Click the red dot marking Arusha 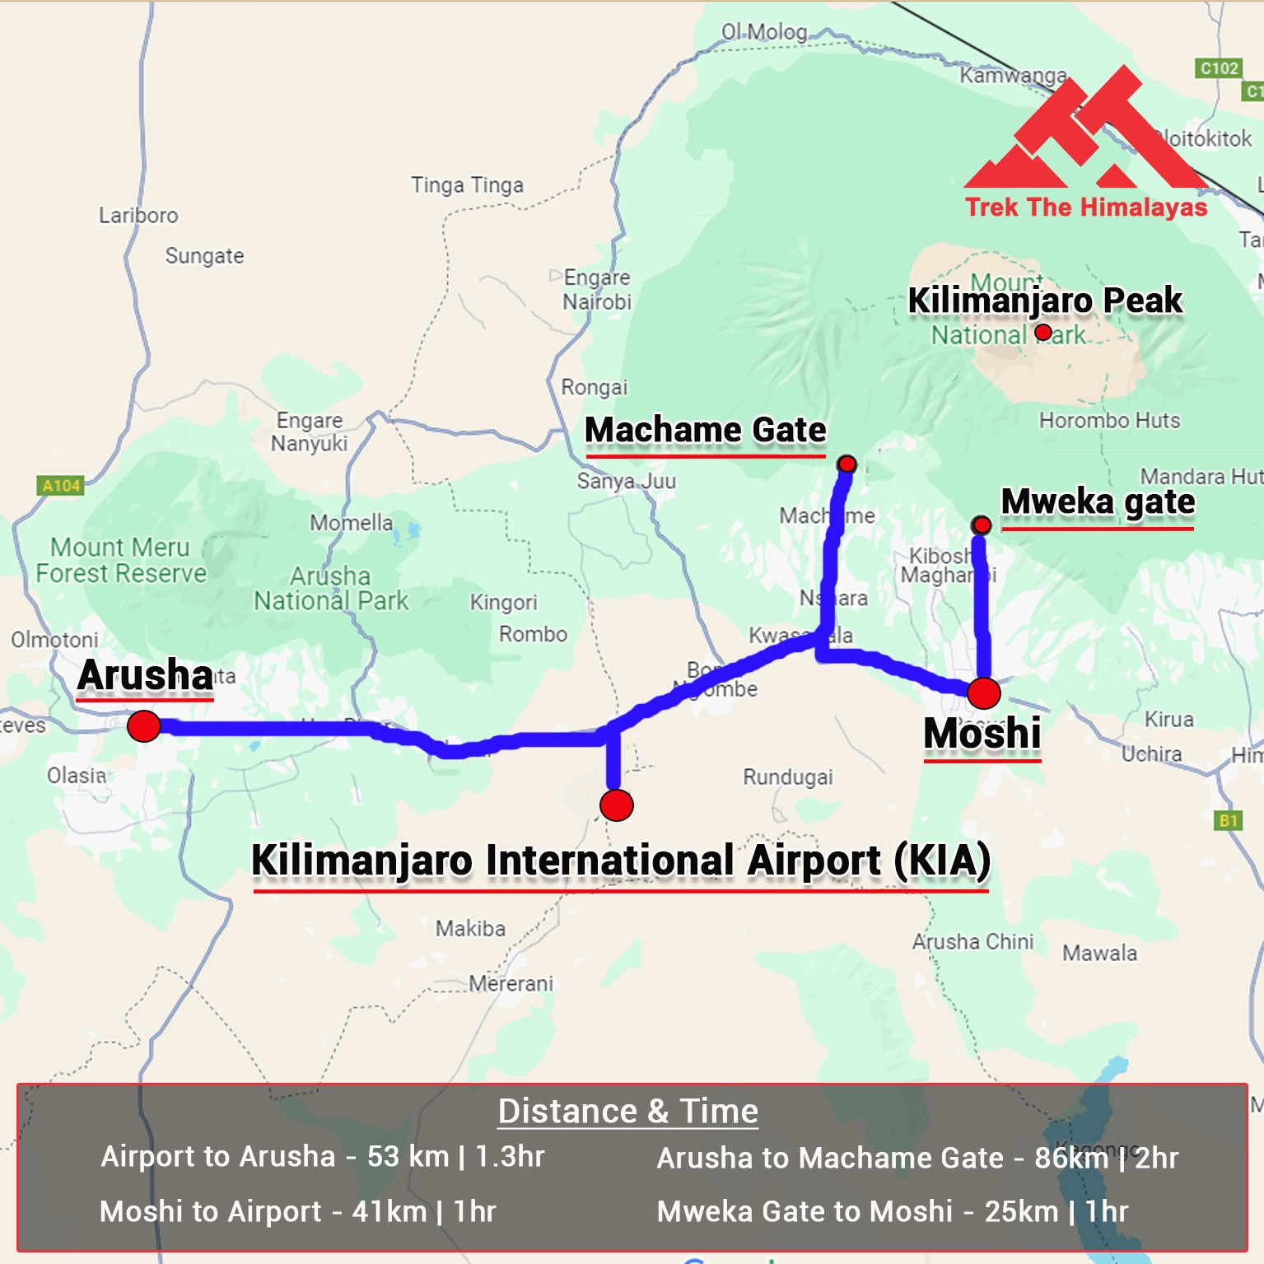click(144, 726)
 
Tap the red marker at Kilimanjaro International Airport click(617, 805)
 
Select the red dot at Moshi click(984, 693)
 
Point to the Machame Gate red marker click(847, 464)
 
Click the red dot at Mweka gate click(981, 525)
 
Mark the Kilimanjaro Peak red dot click(1043, 332)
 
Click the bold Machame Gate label click(705, 430)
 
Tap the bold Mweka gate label click(1098, 501)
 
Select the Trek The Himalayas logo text click(1086, 207)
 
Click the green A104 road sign click(61, 486)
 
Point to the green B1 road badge click(1229, 820)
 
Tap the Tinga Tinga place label click(467, 185)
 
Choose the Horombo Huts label click(1109, 421)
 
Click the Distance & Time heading click(627, 1111)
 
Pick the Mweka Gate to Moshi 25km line click(892, 1211)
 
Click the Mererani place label click(511, 983)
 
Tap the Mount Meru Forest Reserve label click(121, 560)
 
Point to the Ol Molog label click(764, 32)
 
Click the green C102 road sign click(1219, 68)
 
